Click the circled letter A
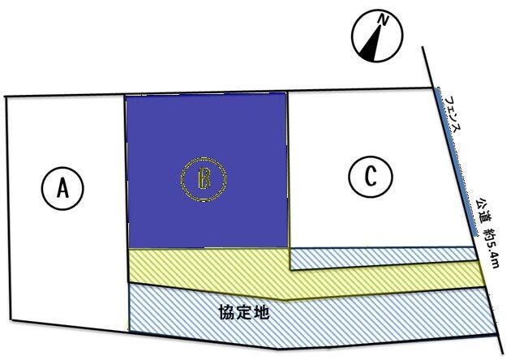(62, 189)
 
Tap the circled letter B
(204, 179)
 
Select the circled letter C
(371, 177)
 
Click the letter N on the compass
(383, 19)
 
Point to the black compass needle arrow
(371, 45)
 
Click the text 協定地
(244, 312)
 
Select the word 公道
(484, 210)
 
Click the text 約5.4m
(491, 247)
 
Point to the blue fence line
(457, 161)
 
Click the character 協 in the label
(227, 312)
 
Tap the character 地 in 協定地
(262, 312)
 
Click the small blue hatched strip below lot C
(384, 258)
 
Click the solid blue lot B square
(207, 170)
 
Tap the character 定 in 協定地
(244, 312)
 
